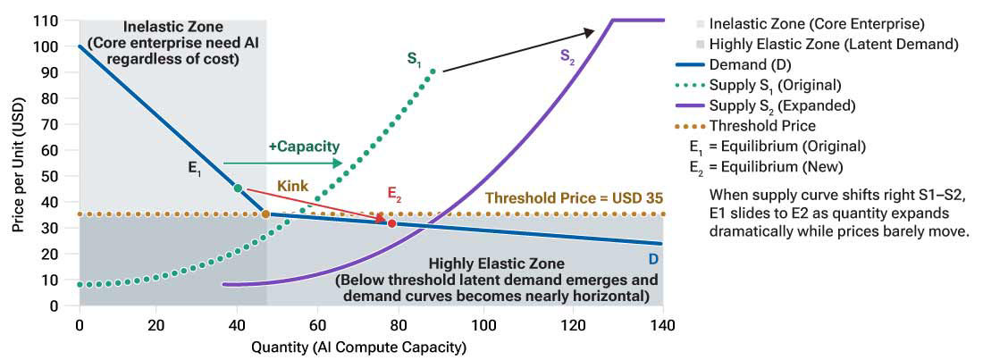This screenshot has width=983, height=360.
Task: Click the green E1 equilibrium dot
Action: [x=238, y=188]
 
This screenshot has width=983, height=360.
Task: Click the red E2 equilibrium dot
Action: [x=391, y=222]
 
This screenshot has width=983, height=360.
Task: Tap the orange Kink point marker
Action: [x=265, y=213]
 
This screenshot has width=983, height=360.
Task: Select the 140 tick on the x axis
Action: [x=662, y=323]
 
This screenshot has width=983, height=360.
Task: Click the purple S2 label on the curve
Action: [x=567, y=55]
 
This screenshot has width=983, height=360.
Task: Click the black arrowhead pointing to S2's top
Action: [x=588, y=32]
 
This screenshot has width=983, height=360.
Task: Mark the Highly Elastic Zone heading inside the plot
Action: [x=496, y=264]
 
